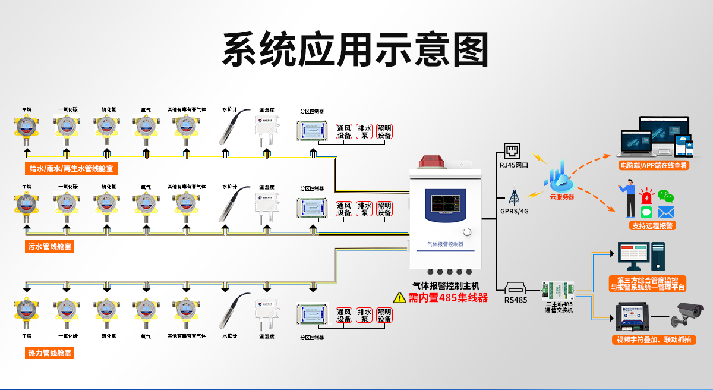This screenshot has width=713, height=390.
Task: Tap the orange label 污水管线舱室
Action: click(x=51, y=246)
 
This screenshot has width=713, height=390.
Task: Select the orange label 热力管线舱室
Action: click(x=51, y=353)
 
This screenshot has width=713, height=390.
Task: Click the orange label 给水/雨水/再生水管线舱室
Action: click(x=71, y=169)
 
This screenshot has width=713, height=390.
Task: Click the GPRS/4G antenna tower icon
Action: click(x=513, y=197)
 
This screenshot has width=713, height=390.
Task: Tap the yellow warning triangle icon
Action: click(x=399, y=297)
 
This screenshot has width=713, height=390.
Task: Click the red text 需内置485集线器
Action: click(x=447, y=298)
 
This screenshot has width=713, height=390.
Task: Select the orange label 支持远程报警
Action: click(x=653, y=226)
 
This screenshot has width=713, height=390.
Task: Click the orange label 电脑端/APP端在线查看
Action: click(x=654, y=165)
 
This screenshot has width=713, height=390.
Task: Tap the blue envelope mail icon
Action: click(x=666, y=212)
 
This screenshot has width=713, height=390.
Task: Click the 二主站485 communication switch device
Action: click(x=559, y=291)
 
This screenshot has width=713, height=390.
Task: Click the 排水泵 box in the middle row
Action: click(x=364, y=209)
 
